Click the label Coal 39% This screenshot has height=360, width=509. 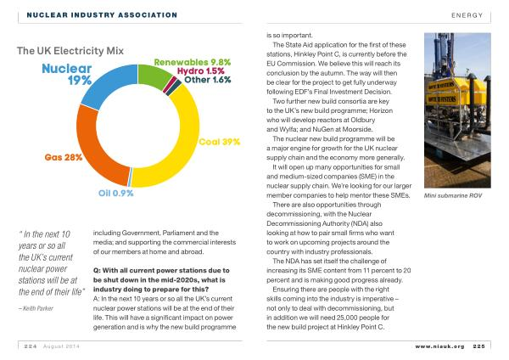[220, 142]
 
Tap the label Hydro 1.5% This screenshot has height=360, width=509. [201, 71]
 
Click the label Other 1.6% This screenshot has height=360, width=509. [208, 80]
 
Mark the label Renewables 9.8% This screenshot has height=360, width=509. [193, 62]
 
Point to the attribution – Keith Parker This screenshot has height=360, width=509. [36, 308]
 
